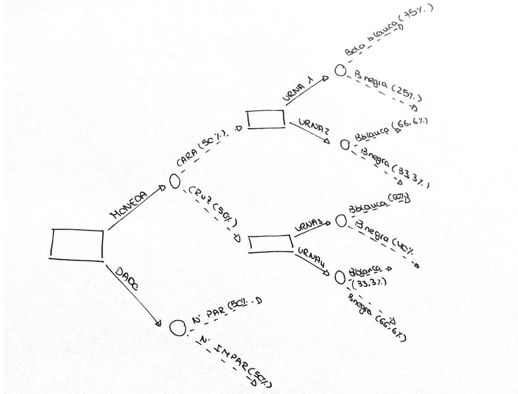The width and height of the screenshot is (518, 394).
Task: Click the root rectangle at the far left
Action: pos(76,244)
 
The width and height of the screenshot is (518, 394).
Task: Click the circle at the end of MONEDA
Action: pos(174,181)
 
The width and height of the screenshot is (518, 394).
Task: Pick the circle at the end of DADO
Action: pos(177,328)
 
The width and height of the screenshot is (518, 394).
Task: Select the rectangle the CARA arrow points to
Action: pos(266,118)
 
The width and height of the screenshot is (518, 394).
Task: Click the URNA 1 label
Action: pos(299,88)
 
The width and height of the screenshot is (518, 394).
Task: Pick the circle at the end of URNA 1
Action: pos(340,70)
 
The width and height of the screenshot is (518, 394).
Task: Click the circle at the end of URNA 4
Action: pos(340,277)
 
